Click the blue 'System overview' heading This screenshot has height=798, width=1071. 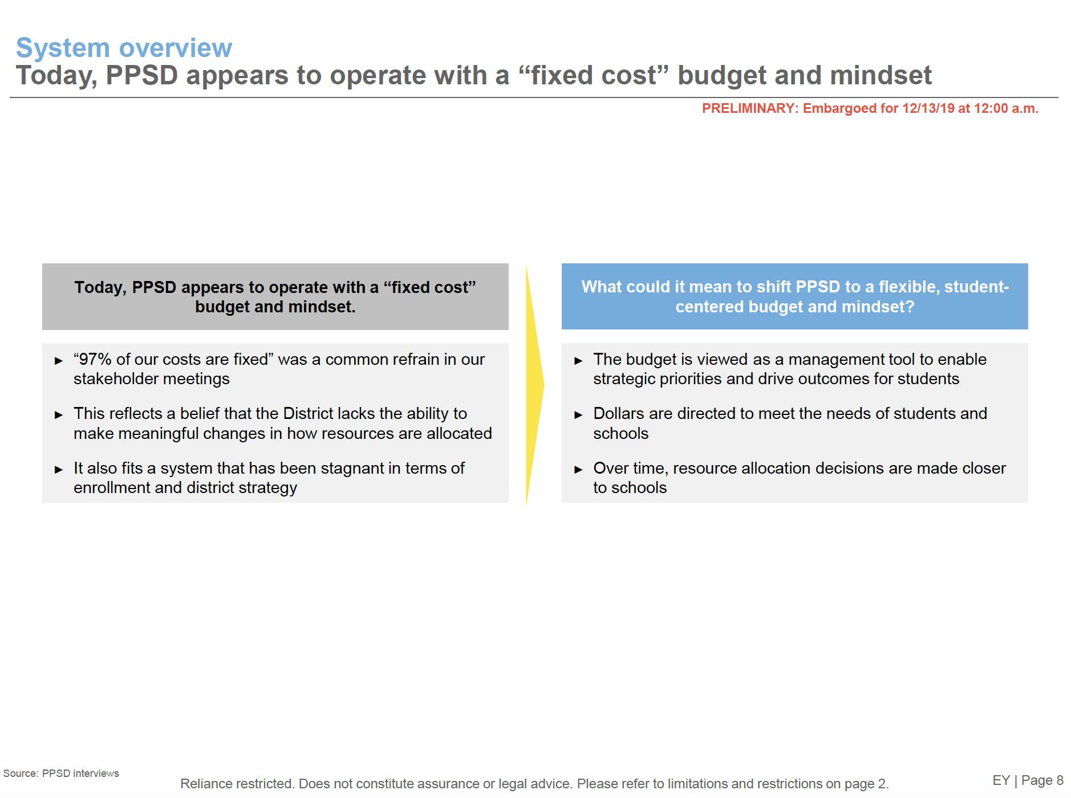click(124, 48)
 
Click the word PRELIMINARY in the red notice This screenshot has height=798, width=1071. click(749, 108)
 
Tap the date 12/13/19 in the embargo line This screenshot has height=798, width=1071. click(928, 108)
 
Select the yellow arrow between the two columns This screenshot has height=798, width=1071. click(535, 385)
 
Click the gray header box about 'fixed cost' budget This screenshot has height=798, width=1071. click(275, 296)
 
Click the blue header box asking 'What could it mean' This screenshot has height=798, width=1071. click(795, 296)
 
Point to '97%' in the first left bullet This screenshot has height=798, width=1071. click(95, 359)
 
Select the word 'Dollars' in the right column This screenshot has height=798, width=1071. click(619, 413)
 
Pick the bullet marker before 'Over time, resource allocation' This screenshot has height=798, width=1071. click(578, 470)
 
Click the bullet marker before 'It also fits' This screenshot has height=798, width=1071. click(59, 470)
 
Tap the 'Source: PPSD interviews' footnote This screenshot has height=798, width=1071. click(61, 773)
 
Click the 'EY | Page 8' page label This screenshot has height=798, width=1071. click(1028, 780)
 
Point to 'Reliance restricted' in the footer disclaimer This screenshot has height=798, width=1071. click(237, 784)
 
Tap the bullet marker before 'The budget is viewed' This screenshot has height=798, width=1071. click(578, 361)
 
